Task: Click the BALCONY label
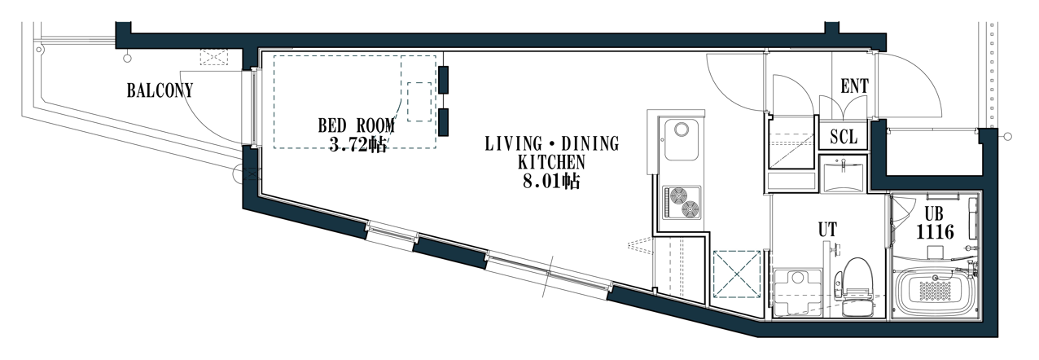pos(160,90)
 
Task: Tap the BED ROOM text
pos(356,125)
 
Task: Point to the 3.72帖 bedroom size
pos(357,145)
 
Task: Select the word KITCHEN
pos(551,162)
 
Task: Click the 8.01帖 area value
pos(551,182)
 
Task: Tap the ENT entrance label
pos(854,86)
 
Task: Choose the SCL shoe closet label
pos(844,136)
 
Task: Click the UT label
pos(827,229)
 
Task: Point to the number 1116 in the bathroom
pos(935,231)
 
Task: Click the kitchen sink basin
pos(681,139)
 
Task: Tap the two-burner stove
pos(682,202)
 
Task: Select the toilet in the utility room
pos(857,288)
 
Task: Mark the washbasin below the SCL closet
pos(842,175)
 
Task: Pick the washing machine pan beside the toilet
pos(797,292)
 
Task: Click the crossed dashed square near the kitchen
pos(737,274)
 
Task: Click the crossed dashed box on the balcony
pos(214,57)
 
